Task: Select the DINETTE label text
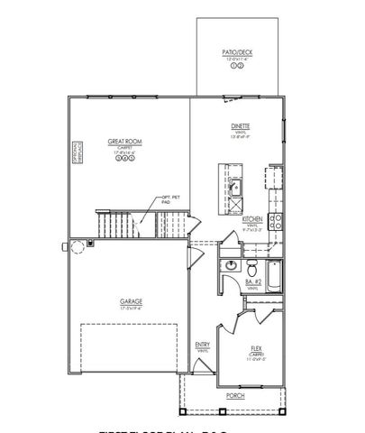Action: [x=240, y=126]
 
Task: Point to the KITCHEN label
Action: [x=253, y=219]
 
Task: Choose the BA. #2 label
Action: [x=254, y=283]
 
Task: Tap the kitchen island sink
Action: [x=232, y=187]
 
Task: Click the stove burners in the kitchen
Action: [x=278, y=218]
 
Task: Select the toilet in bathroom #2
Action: [x=252, y=268]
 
